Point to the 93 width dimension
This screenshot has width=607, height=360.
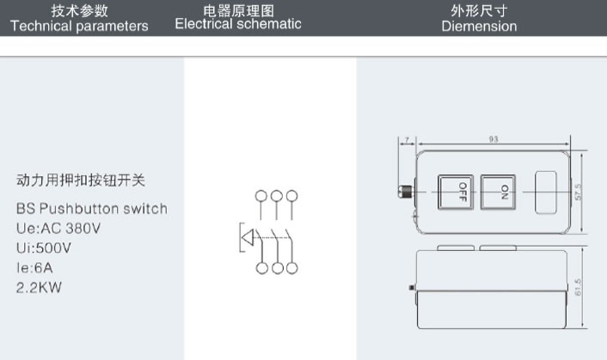coord(493,139)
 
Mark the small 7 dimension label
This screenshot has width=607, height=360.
coord(405,139)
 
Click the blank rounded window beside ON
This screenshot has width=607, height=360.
coord(547,192)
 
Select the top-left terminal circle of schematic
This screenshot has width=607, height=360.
coord(262,196)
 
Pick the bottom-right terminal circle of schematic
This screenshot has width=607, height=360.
coord(293,268)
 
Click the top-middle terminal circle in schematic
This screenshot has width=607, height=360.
coord(278,196)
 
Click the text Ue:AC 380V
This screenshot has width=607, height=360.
coord(58,229)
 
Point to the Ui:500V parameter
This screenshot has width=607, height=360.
coord(44,247)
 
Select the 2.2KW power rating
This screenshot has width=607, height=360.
coord(39,287)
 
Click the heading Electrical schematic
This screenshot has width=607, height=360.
coord(238,24)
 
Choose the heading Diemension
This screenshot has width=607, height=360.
coord(479,27)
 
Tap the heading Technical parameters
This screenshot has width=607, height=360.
coord(79,26)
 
